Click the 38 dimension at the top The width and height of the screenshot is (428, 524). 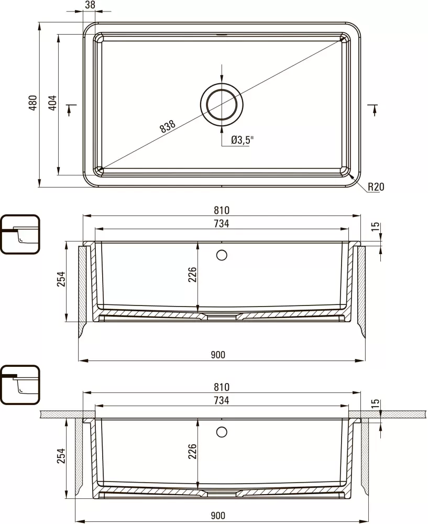90,5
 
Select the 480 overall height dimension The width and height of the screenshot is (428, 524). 32,104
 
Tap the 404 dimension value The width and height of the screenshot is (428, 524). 52,104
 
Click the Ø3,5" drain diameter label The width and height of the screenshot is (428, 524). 242,140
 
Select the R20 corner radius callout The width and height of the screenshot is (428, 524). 376,187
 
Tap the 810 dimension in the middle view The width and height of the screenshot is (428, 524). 222,210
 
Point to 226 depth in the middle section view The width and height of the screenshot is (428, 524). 192,275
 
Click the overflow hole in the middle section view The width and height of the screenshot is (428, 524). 222,255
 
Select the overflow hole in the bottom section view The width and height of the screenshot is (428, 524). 222,432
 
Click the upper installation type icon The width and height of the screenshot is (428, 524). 20,234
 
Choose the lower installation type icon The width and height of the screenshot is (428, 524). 20,385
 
